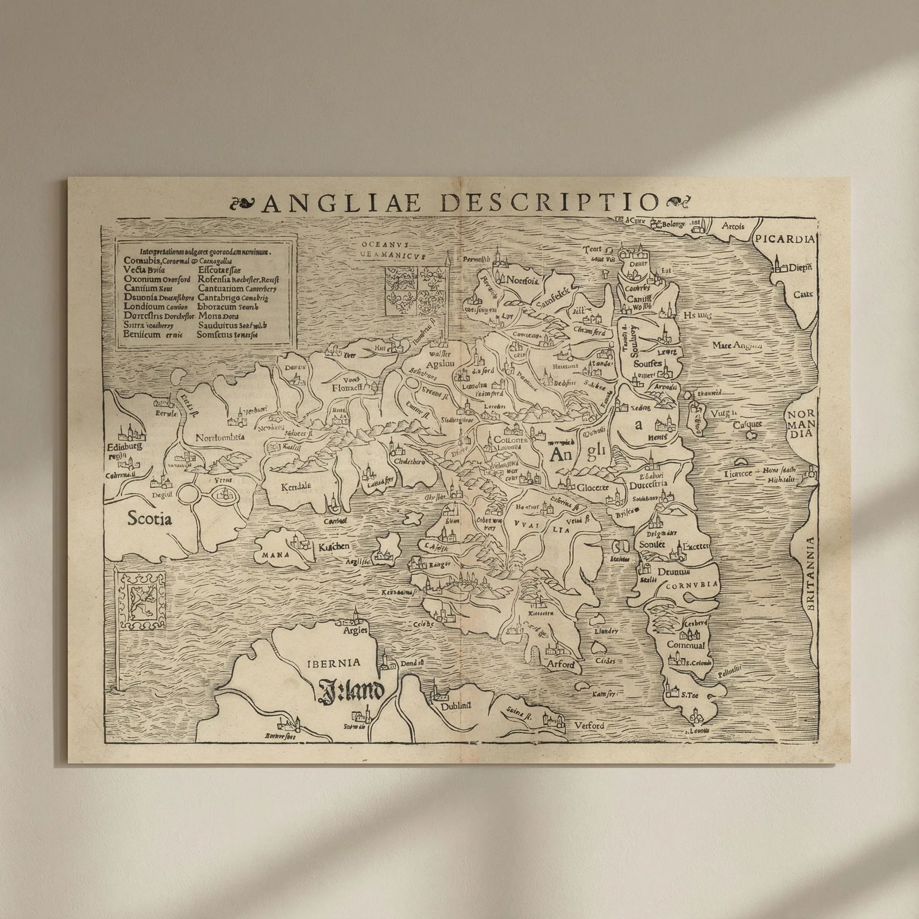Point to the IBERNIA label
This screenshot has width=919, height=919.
(x=334, y=662)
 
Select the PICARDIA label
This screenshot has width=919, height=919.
(x=785, y=240)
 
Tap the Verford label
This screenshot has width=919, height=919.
(x=589, y=725)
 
